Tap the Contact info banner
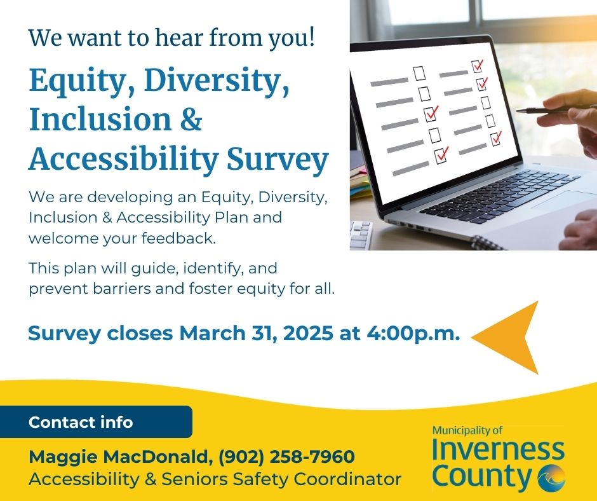click(96, 422)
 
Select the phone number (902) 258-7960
click(286, 456)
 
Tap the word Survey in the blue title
click(278, 160)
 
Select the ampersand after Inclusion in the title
click(191, 119)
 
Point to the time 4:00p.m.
click(413, 333)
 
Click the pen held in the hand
click(552, 110)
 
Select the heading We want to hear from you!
click(171, 38)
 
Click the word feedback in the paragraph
click(178, 238)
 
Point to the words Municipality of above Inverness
click(467, 430)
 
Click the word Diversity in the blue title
click(217, 79)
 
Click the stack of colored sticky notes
click(360, 183)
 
